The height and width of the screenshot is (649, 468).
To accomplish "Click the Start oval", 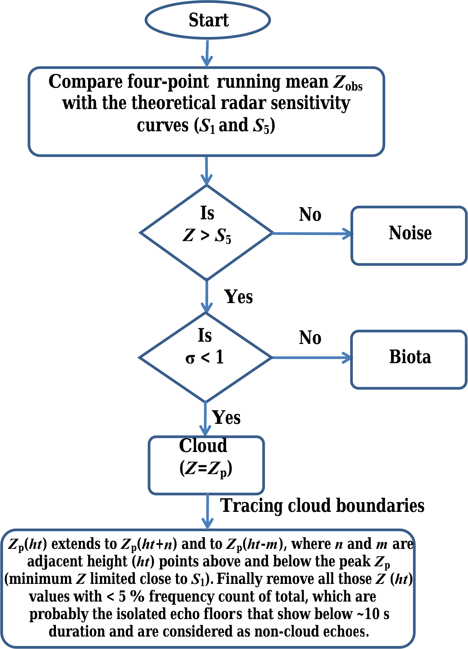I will click(208, 20).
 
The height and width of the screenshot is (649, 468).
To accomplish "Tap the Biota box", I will click(409, 359).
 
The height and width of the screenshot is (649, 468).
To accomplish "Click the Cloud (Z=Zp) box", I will click(206, 465).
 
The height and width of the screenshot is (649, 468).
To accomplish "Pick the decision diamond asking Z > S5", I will click(206, 233).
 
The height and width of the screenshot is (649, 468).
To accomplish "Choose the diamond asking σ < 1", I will click(206, 357).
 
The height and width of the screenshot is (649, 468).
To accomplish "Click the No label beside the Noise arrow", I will click(310, 215).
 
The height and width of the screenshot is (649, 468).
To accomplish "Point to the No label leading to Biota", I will click(310, 338).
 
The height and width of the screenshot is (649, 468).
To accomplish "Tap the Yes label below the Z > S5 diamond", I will click(238, 297).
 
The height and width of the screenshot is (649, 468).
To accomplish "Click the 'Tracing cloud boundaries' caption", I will click(322, 505).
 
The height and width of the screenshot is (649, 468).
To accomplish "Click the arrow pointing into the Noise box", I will click(313, 234).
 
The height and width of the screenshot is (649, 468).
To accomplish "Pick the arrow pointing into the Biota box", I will click(313, 358).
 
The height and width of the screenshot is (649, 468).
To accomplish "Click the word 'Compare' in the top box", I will click(86, 82).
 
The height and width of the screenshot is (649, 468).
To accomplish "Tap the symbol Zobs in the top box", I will click(348, 82).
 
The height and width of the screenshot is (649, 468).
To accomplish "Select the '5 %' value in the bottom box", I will click(131, 597).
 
